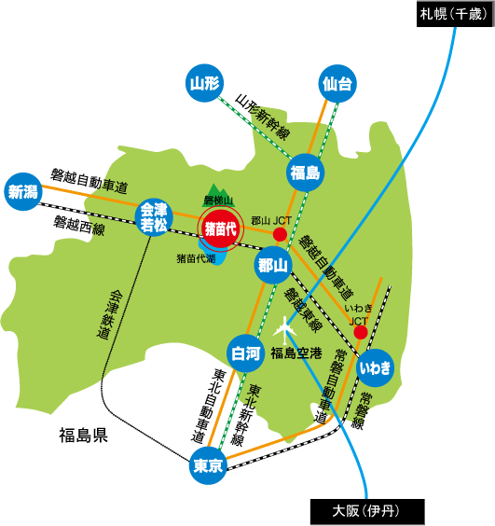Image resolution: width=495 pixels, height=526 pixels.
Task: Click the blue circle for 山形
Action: click(203, 84)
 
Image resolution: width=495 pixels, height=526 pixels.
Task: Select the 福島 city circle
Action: click(304, 173)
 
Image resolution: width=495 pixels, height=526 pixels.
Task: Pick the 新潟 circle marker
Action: click(22, 192)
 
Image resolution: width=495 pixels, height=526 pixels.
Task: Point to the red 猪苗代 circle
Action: click(220, 228)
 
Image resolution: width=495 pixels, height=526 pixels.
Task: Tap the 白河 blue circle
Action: click(245, 353)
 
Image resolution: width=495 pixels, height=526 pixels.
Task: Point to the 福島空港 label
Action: click(296, 353)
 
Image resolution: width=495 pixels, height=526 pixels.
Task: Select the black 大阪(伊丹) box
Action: click(366, 511)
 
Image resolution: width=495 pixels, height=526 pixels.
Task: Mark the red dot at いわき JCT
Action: click(360, 319)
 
